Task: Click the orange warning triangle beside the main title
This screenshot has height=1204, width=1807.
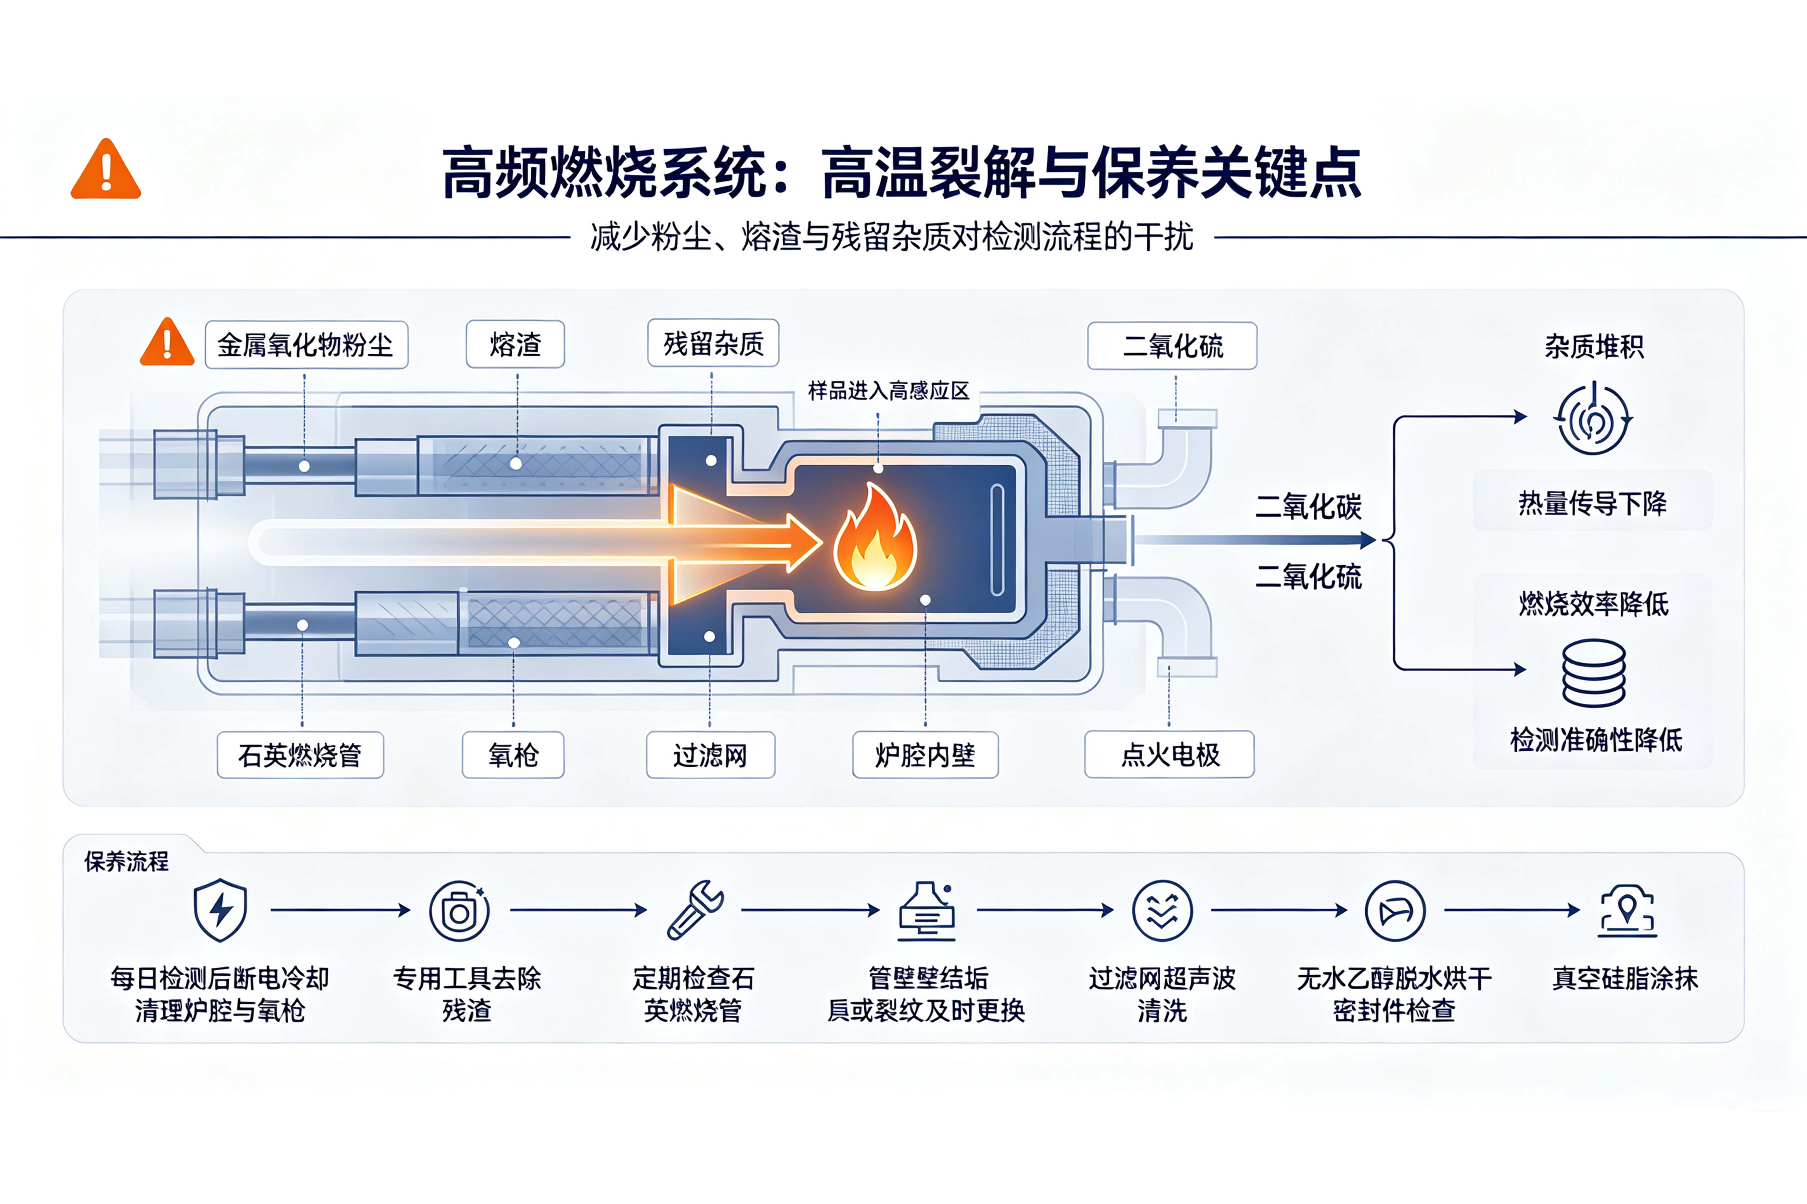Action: [106, 170]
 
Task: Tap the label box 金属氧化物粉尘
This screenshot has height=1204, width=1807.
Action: [306, 345]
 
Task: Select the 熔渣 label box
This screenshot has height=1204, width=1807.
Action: [515, 344]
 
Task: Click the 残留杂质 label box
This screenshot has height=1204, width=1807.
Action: [713, 343]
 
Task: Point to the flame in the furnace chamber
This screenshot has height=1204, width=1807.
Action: [876, 538]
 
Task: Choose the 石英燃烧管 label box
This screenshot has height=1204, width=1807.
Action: [300, 755]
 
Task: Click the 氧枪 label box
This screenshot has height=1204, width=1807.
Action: [513, 755]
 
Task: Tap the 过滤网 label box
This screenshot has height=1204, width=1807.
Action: [710, 755]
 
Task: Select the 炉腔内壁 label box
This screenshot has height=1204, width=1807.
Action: [925, 755]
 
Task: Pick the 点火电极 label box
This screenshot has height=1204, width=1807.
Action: [1170, 754]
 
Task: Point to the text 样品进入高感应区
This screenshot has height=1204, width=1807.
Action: [889, 391]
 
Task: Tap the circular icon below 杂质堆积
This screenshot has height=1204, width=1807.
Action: [1593, 418]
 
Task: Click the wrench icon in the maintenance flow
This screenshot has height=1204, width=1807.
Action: [695, 910]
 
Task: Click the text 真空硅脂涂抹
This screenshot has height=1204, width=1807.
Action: [1625, 978]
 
